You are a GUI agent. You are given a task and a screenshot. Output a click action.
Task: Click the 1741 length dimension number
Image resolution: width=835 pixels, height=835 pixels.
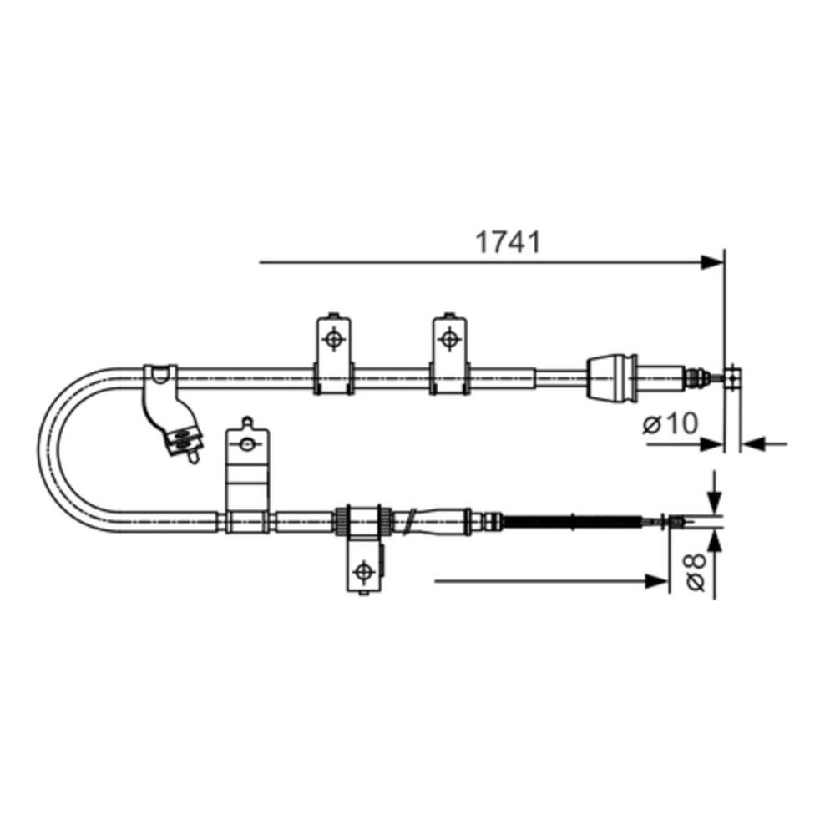508,242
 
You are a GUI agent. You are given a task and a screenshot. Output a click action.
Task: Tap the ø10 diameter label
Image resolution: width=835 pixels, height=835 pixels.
671,424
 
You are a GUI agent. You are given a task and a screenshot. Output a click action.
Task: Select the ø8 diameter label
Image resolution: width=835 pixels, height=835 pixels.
696,571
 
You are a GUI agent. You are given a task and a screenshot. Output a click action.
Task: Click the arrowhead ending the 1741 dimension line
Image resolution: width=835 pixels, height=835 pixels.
712,262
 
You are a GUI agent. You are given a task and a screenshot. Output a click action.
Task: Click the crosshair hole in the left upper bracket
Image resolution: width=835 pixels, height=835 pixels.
334,339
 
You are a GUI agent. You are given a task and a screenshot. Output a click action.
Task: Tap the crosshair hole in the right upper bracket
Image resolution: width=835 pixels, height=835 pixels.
449,339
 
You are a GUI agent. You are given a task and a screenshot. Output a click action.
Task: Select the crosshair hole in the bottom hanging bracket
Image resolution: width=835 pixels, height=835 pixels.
364,571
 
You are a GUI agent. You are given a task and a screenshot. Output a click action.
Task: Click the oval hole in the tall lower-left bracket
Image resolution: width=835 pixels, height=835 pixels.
246,443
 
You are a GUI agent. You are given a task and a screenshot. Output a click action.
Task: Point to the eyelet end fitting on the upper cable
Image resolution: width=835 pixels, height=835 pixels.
733,377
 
